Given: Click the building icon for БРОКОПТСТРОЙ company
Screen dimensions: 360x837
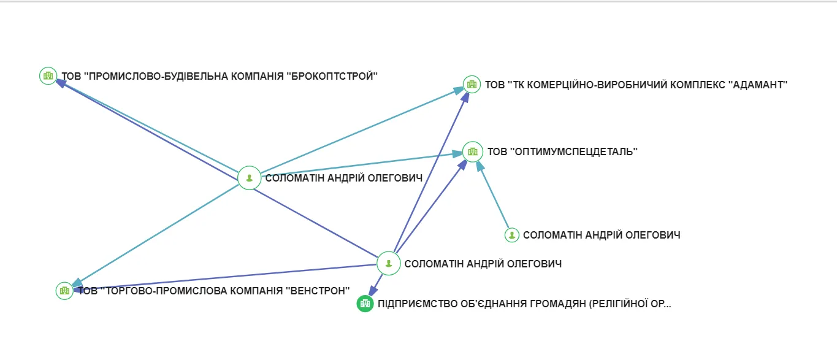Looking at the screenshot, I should click(x=48, y=76).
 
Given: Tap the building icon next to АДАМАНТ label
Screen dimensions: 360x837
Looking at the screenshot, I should click(x=472, y=84).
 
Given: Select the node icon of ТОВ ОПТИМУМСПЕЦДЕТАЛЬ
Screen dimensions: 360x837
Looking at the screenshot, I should click(x=472, y=151).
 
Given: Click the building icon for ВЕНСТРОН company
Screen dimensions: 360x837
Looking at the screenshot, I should click(x=64, y=291).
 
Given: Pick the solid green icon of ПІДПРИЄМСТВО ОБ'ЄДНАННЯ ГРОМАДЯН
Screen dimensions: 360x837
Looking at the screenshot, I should click(x=365, y=303).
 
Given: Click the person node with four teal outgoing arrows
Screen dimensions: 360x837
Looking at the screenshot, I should click(x=249, y=178).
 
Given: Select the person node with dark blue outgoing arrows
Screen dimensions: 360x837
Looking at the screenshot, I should click(x=388, y=264).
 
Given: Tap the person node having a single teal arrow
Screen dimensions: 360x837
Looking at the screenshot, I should click(x=512, y=235).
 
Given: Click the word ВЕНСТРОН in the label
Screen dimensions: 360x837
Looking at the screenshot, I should click(x=318, y=291).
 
